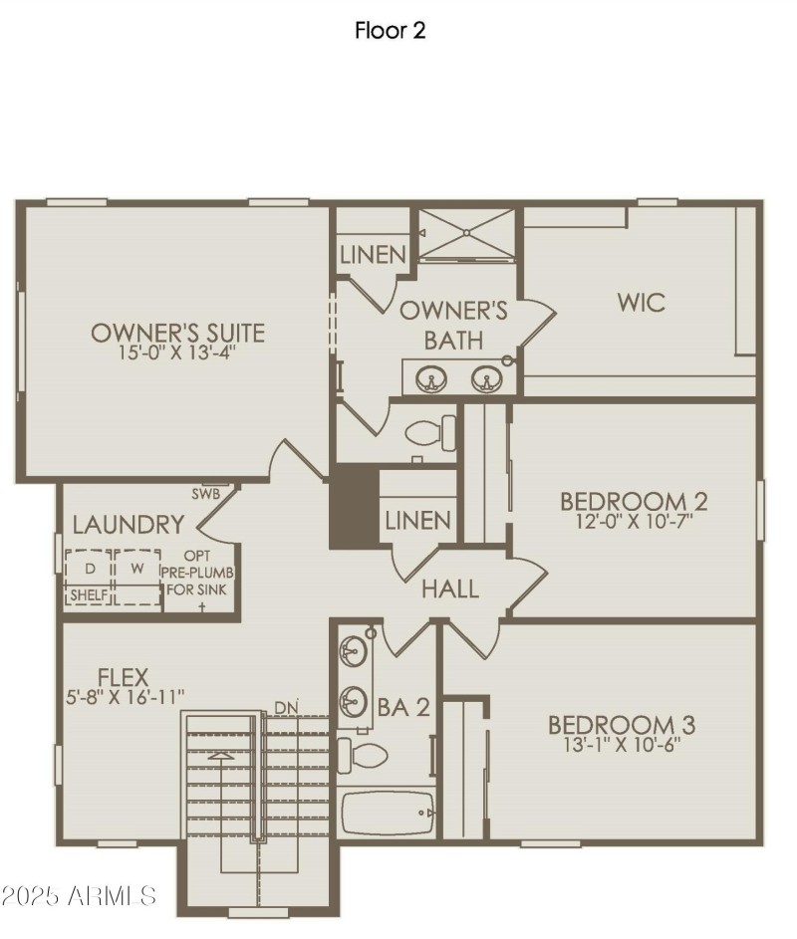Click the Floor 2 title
pyautogui.click(x=391, y=31)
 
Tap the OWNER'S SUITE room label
pyautogui.click(x=177, y=332)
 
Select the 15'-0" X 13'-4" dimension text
pyautogui.click(x=177, y=352)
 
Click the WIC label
pyautogui.click(x=641, y=302)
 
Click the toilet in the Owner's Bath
pyautogui.click(x=434, y=432)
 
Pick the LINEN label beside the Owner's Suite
pyautogui.click(x=373, y=254)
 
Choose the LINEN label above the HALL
pyautogui.click(x=417, y=520)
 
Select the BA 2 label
pyautogui.click(x=404, y=707)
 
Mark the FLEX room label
pyautogui.click(x=124, y=679)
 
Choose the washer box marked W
pyautogui.click(x=136, y=569)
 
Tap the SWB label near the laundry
pyautogui.click(x=204, y=493)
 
